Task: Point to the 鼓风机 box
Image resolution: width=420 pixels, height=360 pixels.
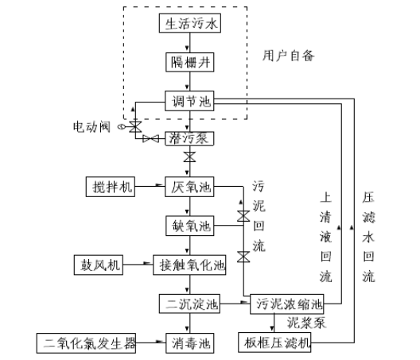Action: click(98, 265)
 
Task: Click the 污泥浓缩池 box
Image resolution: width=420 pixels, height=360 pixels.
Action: click(287, 304)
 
